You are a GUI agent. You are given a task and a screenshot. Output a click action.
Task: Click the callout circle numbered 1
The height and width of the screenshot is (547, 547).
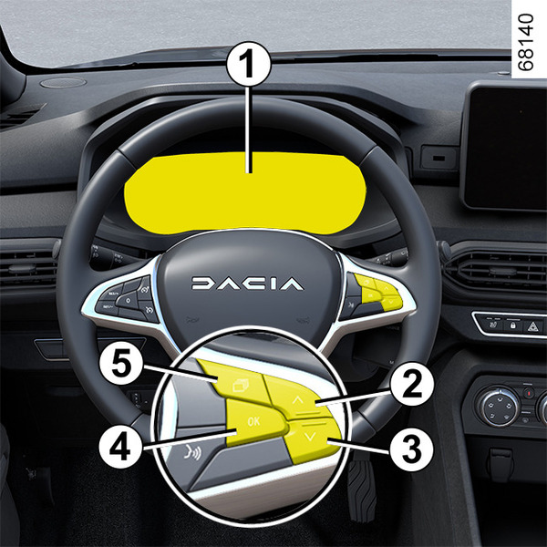[248, 64]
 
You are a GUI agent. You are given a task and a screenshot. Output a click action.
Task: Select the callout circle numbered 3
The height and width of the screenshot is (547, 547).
[412, 449]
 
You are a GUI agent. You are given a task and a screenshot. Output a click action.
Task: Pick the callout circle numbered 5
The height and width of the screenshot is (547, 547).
[120, 364]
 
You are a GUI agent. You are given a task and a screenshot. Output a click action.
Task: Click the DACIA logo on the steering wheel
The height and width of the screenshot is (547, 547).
[247, 284]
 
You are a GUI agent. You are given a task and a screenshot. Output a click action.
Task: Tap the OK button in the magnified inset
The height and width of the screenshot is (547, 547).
[254, 422]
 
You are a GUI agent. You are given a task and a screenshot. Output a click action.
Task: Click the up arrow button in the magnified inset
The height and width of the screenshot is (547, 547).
[297, 396]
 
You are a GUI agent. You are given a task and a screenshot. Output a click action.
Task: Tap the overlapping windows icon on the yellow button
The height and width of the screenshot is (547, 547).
[241, 386]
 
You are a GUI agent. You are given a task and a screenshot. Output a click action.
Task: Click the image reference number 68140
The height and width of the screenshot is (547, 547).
[526, 42]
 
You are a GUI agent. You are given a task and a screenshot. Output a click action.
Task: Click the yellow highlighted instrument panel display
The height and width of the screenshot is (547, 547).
[245, 193]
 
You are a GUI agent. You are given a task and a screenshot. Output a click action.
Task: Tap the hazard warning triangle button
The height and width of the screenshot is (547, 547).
[533, 326]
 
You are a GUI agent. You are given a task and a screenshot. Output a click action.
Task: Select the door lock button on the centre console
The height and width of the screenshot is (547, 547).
[512, 325]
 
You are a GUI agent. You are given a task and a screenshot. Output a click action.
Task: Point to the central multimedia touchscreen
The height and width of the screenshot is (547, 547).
[505, 146]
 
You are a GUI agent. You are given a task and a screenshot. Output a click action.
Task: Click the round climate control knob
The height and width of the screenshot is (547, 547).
[499, 406]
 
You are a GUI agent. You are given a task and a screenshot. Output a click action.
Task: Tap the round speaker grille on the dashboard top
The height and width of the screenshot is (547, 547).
[63, 83]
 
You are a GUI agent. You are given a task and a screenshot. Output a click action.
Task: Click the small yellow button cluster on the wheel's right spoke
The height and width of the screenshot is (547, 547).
[378, 293]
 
